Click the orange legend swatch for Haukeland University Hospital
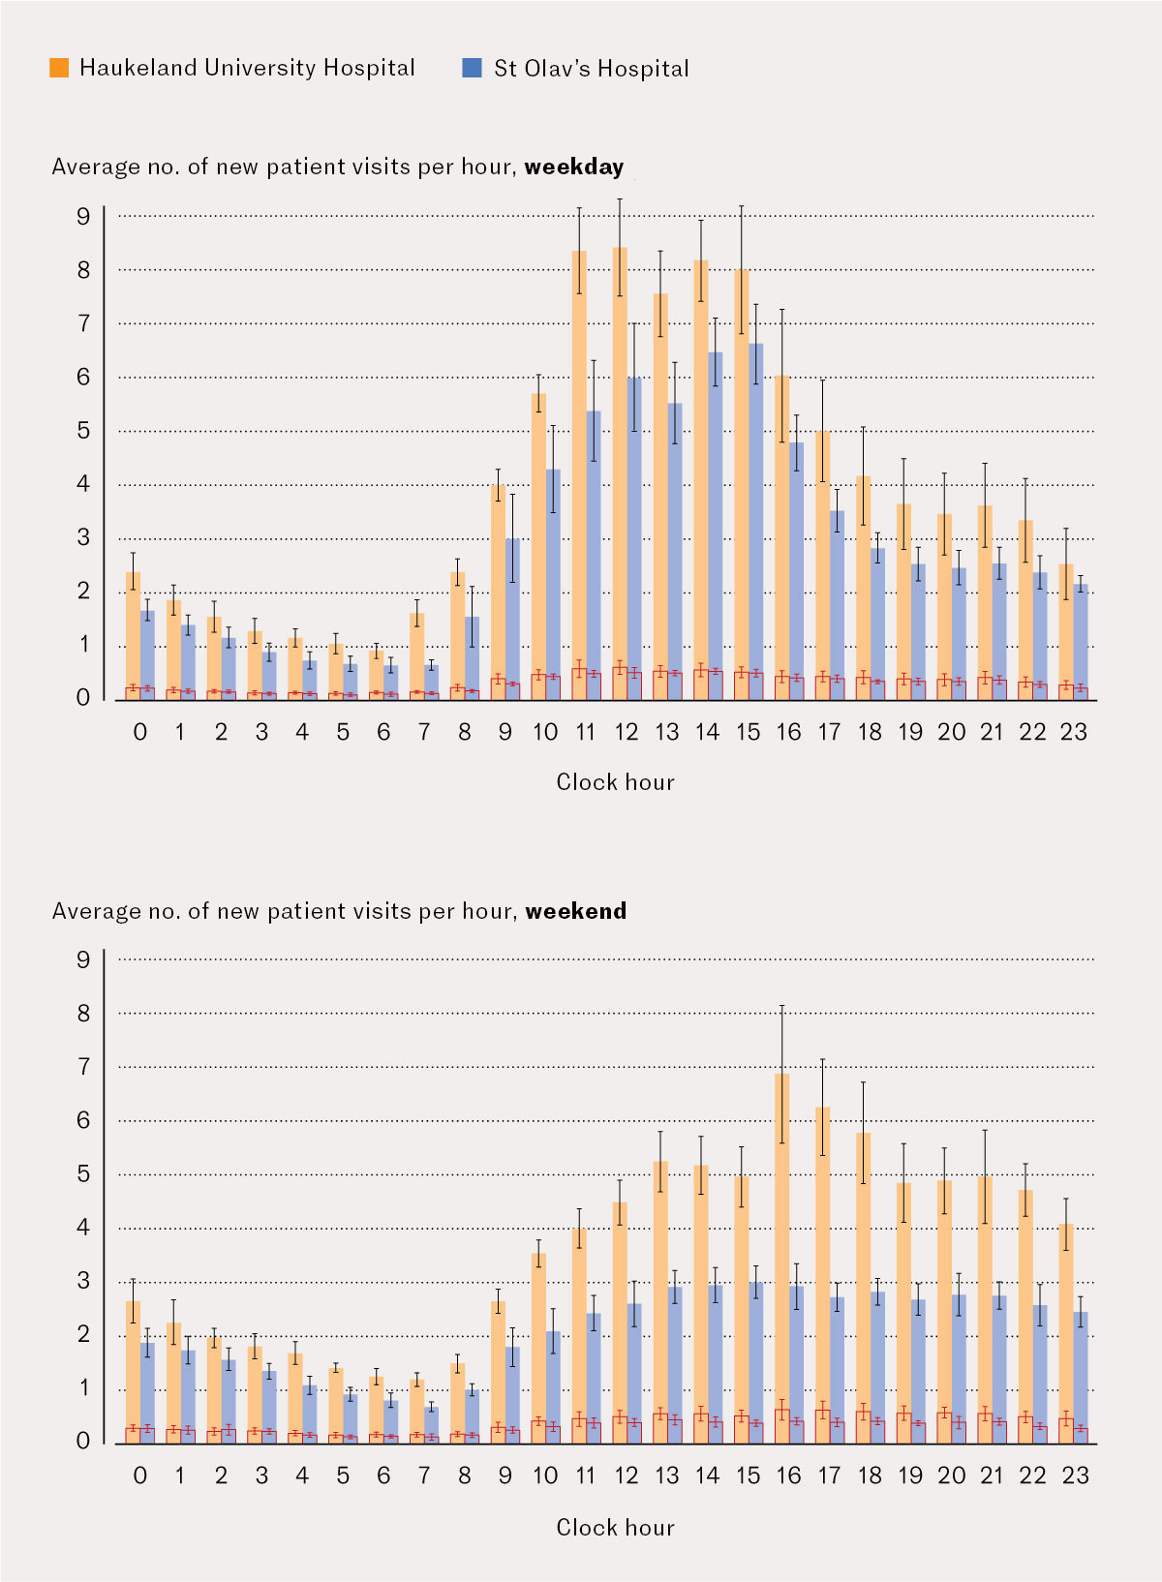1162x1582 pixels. (x=59, y=68)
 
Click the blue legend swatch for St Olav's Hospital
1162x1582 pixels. (x=473, y=68)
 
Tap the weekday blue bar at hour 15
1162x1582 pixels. (x=756, y=503)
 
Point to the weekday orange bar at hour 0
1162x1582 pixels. (x=133, y=629)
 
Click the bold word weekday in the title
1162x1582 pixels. (x=574, y=167)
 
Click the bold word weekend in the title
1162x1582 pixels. (x=576, y=911)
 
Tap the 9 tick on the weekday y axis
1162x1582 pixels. (x=83, y=217)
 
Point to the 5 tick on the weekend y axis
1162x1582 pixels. (x=83, y=1174)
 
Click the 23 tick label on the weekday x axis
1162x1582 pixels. (x=1073, y=732)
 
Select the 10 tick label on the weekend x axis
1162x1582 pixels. (x=545, y=1476)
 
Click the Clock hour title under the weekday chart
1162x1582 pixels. (x=615, y=782)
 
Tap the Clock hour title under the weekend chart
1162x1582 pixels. (x=615, y=1527)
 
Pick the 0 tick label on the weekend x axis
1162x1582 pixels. (x=140, y=1476)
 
